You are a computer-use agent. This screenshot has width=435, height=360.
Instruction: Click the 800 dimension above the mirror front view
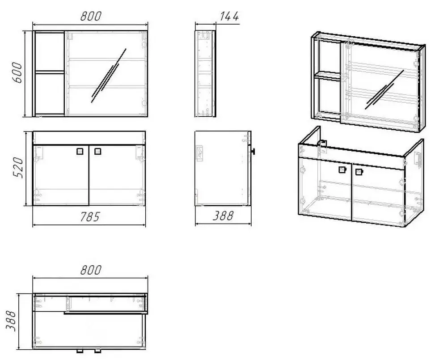coord(91,17)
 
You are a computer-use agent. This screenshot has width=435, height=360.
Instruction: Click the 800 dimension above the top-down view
coord(91,271)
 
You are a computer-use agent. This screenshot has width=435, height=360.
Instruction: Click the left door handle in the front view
coord(80,151)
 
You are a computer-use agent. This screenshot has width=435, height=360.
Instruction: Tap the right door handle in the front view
coord(98,151)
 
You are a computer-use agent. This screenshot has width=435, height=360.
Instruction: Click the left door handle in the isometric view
coord(342,169)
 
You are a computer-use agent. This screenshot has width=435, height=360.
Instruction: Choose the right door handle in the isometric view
coord(358,171)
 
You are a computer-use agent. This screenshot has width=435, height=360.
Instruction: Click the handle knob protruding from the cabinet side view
coord(253,151)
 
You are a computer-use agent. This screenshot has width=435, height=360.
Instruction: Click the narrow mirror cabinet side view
coord(206,74)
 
